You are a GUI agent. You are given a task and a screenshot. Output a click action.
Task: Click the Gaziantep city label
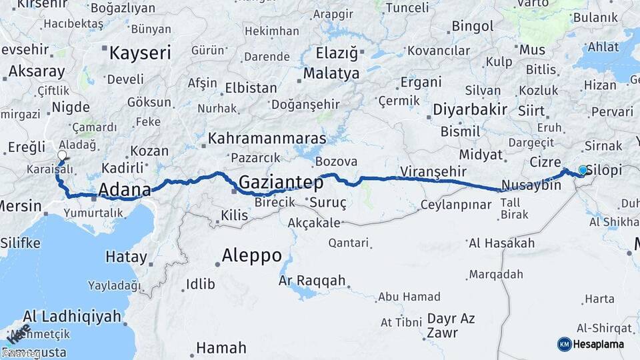281,181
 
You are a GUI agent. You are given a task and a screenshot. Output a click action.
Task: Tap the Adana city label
125,189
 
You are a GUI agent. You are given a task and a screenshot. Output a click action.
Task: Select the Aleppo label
251,255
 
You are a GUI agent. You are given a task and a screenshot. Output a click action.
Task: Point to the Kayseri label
140,53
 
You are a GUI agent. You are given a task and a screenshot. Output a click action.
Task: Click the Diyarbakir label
471,109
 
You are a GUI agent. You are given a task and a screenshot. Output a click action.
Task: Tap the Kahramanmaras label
267,139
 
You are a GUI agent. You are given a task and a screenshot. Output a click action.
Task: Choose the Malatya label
331,73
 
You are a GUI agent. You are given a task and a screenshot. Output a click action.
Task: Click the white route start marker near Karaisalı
62,156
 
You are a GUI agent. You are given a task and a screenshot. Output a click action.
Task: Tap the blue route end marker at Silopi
583,170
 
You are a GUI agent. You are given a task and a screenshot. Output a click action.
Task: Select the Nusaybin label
531,185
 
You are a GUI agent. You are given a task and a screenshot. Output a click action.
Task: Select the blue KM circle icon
564,344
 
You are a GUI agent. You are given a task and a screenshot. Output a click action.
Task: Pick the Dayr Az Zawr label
451,325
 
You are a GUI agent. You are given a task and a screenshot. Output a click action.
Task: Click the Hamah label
221,347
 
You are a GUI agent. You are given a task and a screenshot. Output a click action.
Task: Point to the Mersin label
19,206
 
